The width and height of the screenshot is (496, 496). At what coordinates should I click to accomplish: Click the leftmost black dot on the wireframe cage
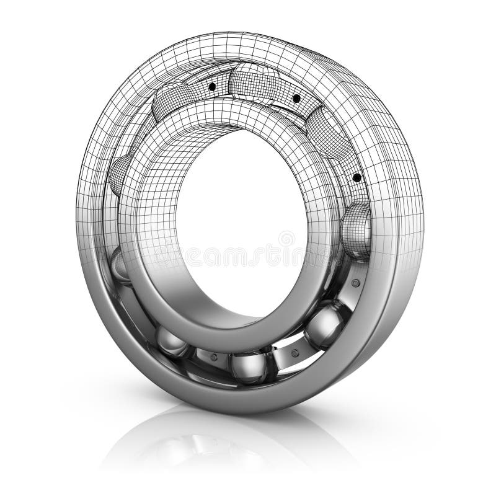(x=212, y=86)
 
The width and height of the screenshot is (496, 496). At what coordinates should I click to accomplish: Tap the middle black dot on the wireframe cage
(x=296, y=99)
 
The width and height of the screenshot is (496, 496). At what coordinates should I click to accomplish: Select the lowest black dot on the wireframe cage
(x=356, y=179)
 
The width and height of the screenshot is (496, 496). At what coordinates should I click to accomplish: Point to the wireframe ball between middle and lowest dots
(x=326, y=133)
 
